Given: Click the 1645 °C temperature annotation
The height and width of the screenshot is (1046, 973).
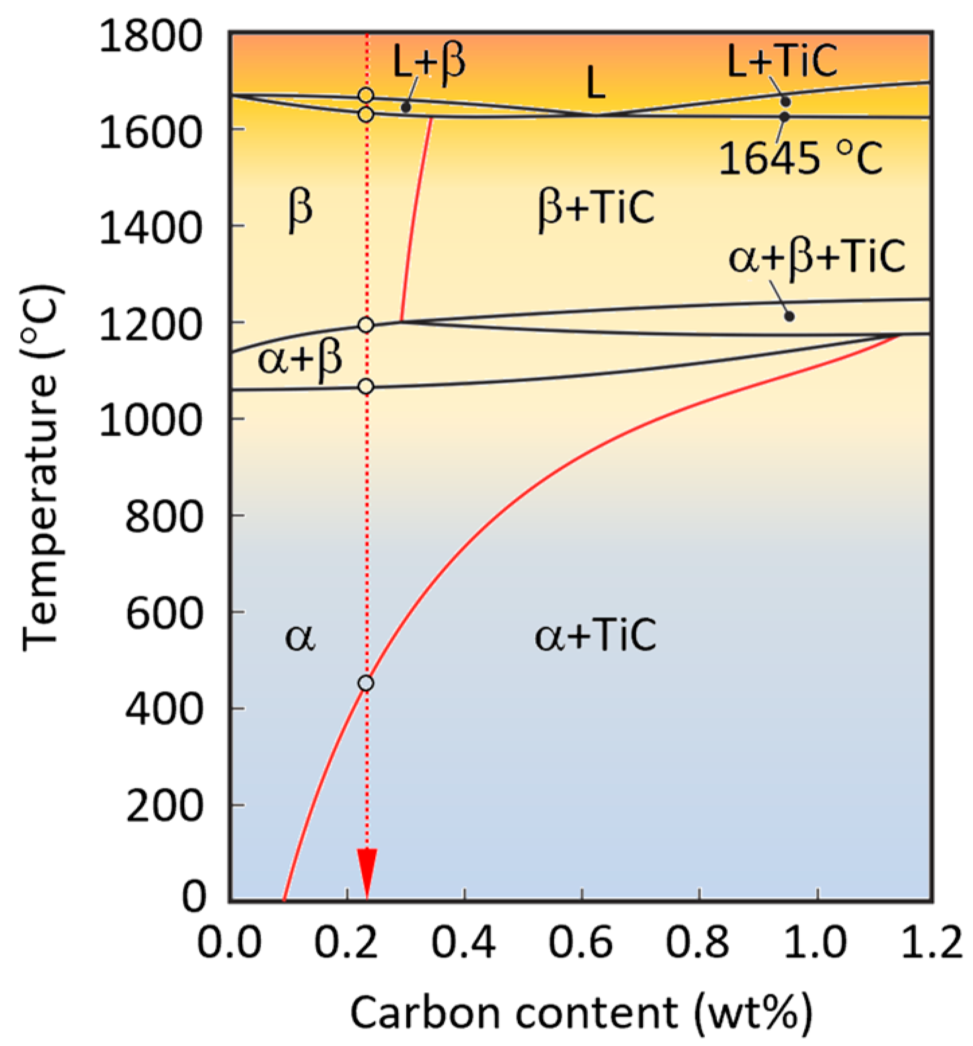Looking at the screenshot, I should click(x=800, y=159).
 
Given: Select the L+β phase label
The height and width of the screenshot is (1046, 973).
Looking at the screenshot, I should click(x=429, y=64).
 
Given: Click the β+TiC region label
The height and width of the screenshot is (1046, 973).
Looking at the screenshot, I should click(x=596, y=208).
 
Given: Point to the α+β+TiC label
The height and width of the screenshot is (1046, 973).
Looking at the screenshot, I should click(x=817, y=257).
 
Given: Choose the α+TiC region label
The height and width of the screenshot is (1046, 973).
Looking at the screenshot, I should click(x=595, y=635).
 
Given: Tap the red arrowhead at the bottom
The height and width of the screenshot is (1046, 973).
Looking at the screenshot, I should click(x=366, y=873).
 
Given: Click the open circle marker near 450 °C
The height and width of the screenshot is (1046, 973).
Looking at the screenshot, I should click(x=366, y=683).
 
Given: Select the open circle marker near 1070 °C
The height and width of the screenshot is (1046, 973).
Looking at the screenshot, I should click(x=366, y=387).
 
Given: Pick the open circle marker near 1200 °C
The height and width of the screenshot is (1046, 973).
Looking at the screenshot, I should click(x=366, y=325).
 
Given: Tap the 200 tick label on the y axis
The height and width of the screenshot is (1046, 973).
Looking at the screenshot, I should click(x=164, y=805).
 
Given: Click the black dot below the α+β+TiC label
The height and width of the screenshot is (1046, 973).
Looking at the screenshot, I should click(x=789, y=316).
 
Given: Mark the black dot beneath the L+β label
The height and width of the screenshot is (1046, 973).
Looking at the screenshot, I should click(x=405, y=108).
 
